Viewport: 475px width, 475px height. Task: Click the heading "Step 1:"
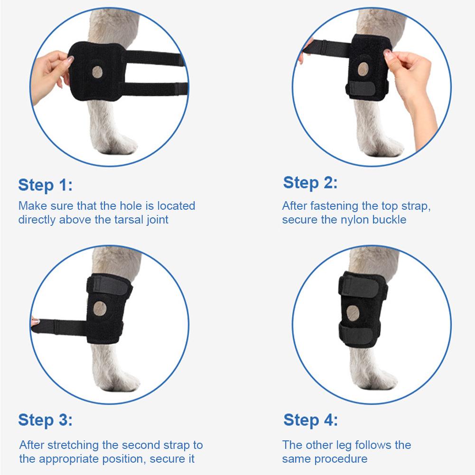(46, 185)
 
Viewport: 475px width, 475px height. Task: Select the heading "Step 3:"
(46, 420)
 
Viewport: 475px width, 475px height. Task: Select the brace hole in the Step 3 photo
(101, 308)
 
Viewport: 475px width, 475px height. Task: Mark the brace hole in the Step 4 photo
(354, 312)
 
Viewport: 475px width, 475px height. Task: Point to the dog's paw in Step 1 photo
(121, 145)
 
